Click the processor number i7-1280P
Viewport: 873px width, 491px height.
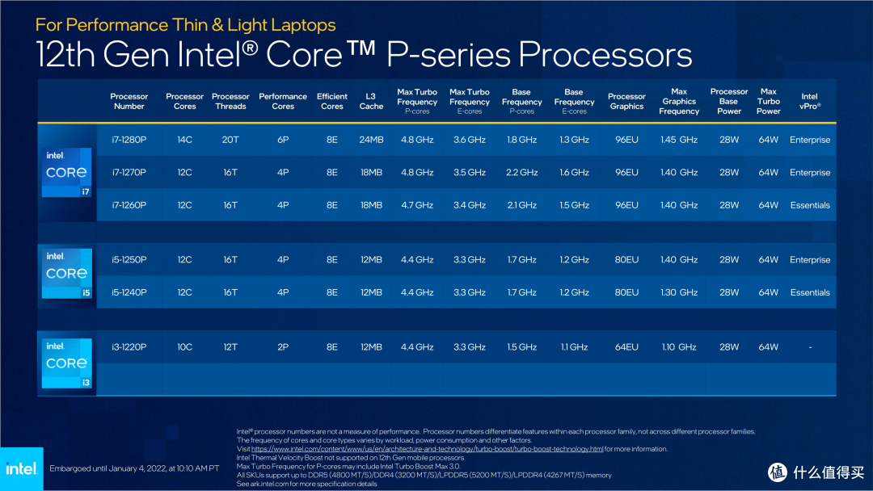point(129,140)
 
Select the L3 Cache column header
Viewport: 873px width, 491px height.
point(371,101)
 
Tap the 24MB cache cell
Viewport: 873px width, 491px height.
point(371,140)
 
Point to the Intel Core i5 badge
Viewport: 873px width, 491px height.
point(67,274)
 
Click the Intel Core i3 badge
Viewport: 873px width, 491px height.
point(67,363)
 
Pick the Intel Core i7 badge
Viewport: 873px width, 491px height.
point(67,172)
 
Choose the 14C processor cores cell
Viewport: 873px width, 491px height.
point(184,140)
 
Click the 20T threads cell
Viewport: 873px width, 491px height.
point(230,140)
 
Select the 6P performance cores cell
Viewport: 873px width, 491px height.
point(283,140)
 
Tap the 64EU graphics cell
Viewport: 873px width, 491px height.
point(626,347)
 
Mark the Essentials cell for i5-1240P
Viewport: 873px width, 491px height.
point(809,292)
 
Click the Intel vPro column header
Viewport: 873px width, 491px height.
point(809,101)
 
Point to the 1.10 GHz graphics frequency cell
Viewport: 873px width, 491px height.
point(679,347)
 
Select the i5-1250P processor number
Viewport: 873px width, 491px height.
point(129,260)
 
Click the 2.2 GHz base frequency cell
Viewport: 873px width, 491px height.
point(521,172)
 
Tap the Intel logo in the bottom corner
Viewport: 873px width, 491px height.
point(21,468)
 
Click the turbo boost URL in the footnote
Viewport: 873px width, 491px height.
point(427,449)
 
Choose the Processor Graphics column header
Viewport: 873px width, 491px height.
point(626,101)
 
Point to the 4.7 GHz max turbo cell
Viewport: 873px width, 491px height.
point(417,205)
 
